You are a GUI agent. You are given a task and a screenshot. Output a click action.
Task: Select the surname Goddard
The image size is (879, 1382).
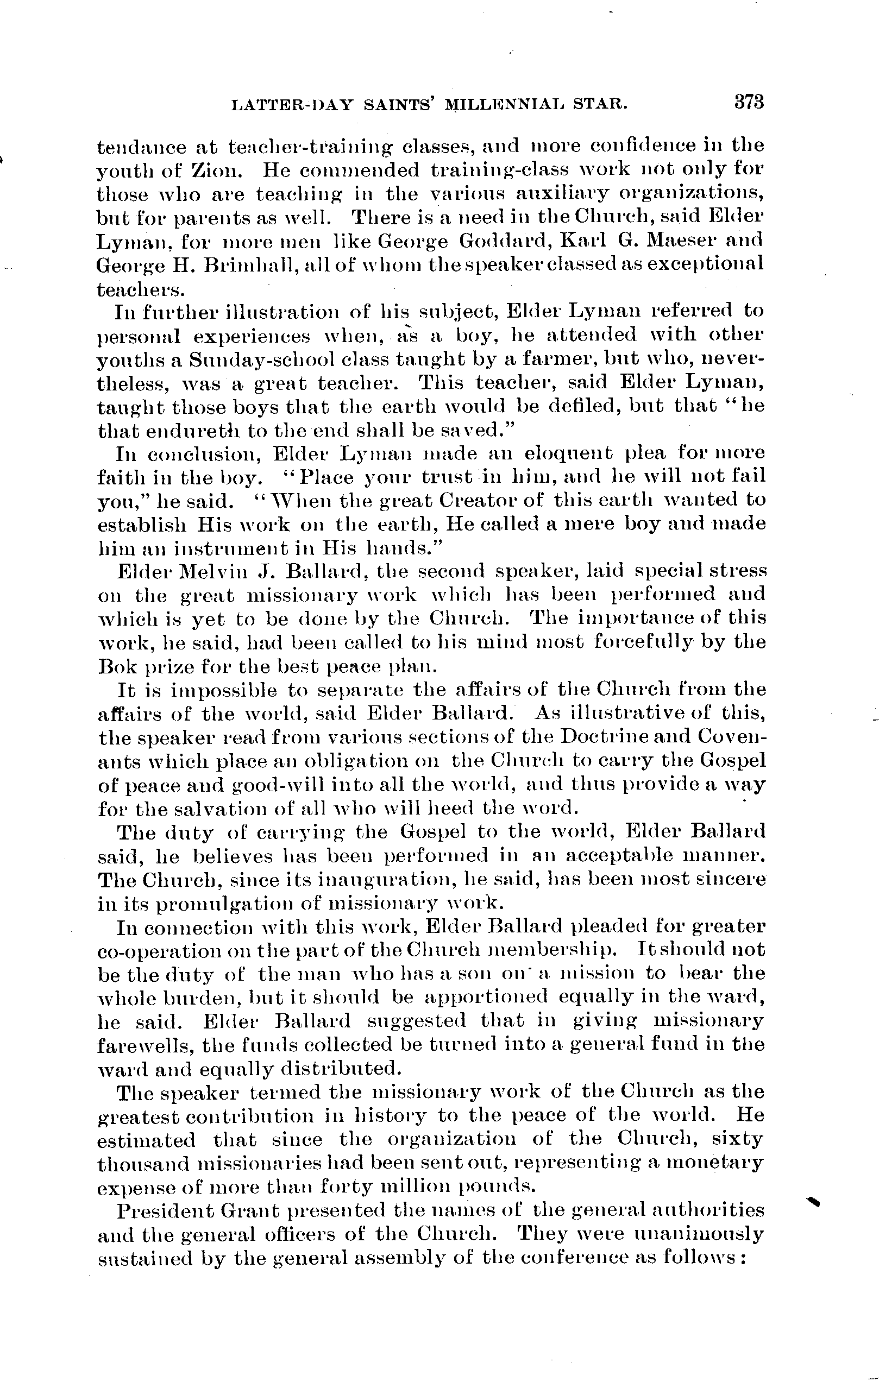point(504,240)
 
